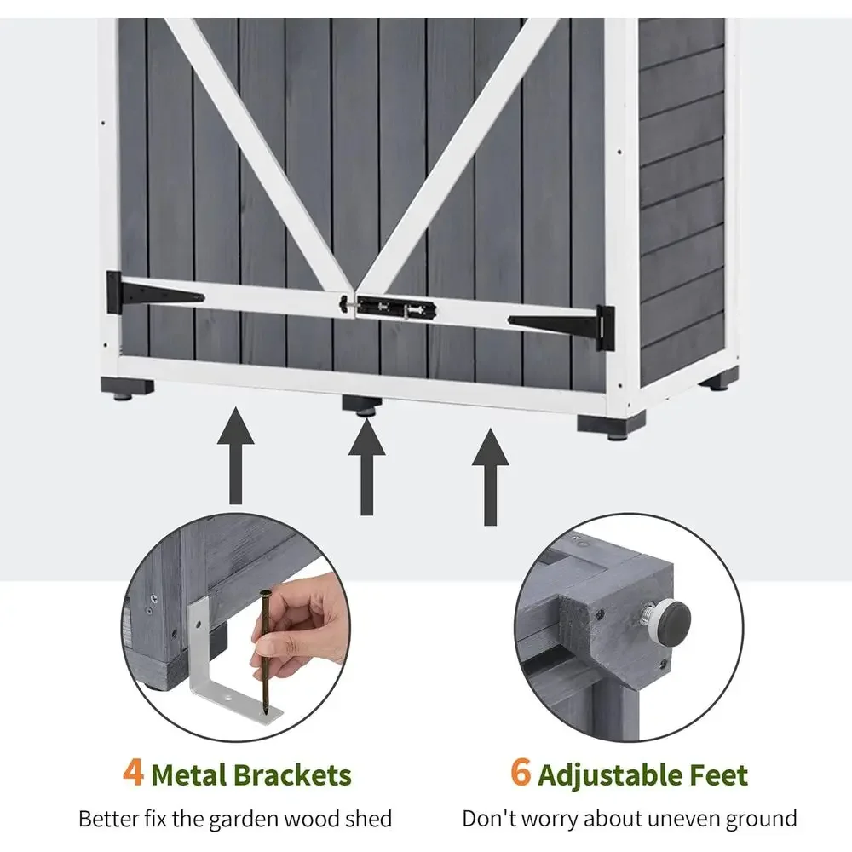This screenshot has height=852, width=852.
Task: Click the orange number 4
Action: (x=133, y=772)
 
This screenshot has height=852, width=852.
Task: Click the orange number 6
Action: (x=521, y=772)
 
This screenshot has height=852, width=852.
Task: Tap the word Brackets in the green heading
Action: (x=294, y=774)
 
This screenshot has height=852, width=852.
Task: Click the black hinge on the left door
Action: (x=154, y=294)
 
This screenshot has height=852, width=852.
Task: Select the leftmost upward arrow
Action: (x=235, y=456)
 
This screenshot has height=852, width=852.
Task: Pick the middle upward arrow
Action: (x=366, y=466)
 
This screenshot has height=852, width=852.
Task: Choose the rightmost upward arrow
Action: (x=490, y=477)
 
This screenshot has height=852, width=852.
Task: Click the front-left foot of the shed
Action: (x=127, y=388)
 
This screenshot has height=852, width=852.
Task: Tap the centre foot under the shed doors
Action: (x=362, y=405)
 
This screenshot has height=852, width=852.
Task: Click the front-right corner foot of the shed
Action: (x=611, y=425)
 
